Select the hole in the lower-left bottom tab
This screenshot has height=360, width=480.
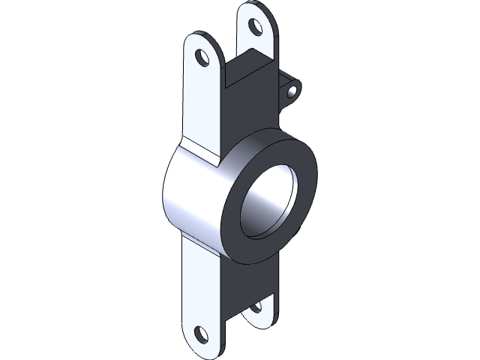click(200, 333)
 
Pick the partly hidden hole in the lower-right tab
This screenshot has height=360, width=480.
click(256, 306)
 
